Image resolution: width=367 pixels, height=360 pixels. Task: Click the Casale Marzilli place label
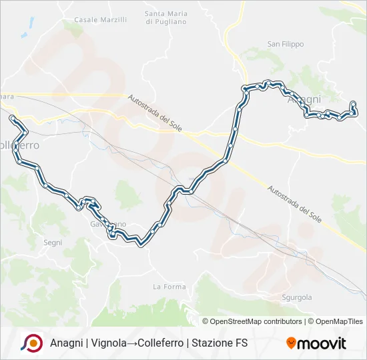click(x=100, y=20)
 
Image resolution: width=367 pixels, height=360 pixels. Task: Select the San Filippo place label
click(x=286, y=44)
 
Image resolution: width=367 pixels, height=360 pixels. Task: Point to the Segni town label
click(x=51, y=225)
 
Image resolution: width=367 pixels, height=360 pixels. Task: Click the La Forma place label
click(x=169, y=287)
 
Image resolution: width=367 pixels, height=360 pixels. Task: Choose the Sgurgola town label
click(x=297, y=297)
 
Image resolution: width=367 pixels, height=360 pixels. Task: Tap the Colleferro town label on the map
click(x=19, y=145)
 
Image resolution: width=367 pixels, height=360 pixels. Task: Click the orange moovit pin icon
click(x=291, y=343)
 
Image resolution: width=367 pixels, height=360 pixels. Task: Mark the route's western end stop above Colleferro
click(x=12, y=118)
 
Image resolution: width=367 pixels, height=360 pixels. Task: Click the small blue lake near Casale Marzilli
click(x=25, y=34)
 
